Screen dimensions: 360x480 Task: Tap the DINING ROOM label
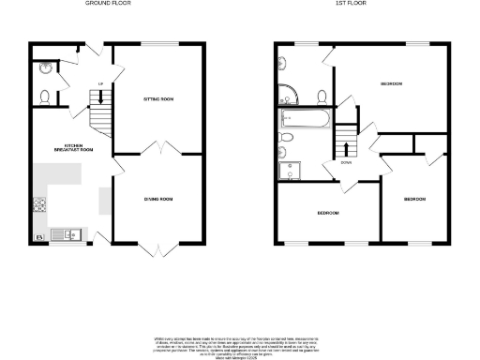(157, 199)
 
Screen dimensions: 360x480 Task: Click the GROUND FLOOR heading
(109, 4)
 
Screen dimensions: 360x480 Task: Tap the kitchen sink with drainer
(65, 233)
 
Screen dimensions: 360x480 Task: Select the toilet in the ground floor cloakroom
(45, 95)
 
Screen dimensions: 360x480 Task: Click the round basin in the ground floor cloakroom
(45, 67)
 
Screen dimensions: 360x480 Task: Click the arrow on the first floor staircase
(348, 146)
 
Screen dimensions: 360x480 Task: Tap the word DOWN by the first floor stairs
(347, 160)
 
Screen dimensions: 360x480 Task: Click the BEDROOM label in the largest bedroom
(391, 84)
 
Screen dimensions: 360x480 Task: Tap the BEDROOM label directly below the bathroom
(327, 213)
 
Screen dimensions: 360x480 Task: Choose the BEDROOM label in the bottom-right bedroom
(415, 199)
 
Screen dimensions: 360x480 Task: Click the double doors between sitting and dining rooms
(159, 150)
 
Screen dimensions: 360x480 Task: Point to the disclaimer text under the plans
(240, 343)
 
